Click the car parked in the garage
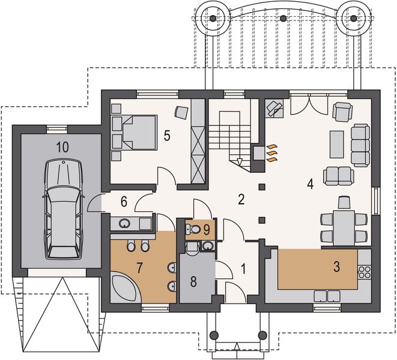63,209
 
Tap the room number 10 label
62,147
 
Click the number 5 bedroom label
167,136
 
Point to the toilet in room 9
194,229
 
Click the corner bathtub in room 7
126,287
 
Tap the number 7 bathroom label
139,268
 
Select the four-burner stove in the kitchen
364,272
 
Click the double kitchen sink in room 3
327,296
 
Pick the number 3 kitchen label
336,266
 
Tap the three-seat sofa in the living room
360,145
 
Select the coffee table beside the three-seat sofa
337,145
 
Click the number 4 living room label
310,184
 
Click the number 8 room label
193,281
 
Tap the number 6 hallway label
124,202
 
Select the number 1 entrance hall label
243,269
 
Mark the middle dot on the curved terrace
283,18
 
